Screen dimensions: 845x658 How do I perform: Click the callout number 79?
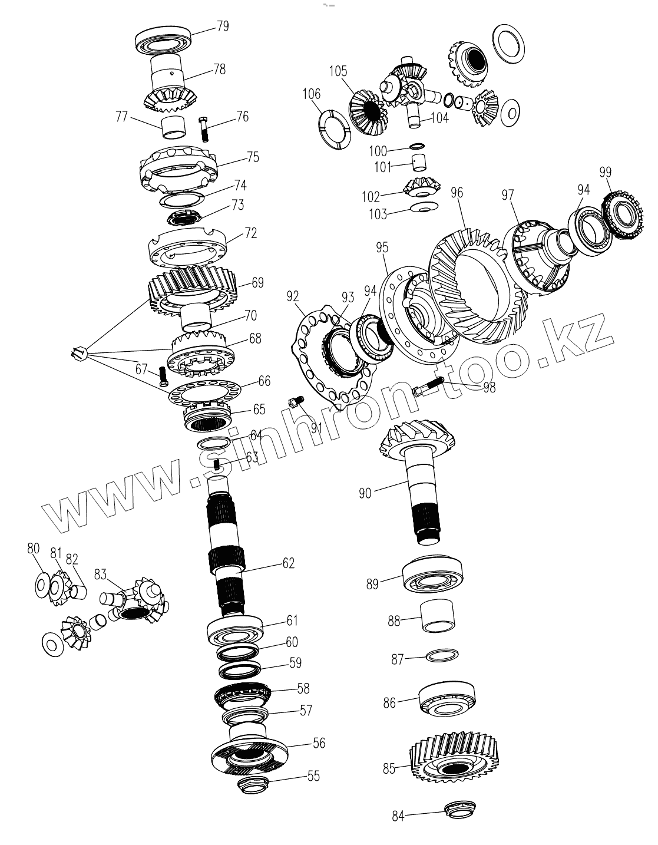(222, 27)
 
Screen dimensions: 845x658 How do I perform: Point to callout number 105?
(338, 71)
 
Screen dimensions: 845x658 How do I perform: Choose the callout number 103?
(378, 214)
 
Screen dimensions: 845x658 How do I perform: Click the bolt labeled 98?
(436, 387)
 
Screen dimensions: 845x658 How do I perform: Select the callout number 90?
(365, 493)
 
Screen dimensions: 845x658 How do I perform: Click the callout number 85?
(389, 768)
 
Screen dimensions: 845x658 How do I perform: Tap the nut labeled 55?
(252, 784)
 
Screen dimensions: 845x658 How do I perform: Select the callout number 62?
(288, 563)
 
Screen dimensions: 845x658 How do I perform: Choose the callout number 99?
(605, 172)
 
